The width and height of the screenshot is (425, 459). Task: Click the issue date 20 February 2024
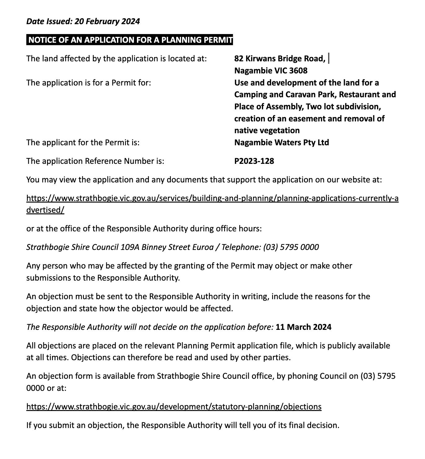[x=107, y=21]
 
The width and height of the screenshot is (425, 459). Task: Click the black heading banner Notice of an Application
[x=130, y=40]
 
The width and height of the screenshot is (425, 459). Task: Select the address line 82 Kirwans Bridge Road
[x=280, y=59]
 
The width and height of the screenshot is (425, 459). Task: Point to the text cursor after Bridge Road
[x=328, y=58]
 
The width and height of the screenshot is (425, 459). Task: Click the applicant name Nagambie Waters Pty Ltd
[x=281, y=142]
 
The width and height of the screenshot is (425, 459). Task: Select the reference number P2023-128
[x=254, y=161]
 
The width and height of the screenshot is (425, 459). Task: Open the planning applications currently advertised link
[x=212, y=198]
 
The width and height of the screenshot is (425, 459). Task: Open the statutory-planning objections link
[x=174, y=406]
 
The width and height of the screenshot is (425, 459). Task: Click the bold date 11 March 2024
[x=303, y=327]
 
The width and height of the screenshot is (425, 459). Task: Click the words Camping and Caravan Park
[x=284, y=94]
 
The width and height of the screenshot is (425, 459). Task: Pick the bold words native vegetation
[x=267, y=130]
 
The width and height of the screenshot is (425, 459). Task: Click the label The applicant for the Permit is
[x=83, y=142]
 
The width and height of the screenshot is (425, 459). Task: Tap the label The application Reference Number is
[x=95, y=161]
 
